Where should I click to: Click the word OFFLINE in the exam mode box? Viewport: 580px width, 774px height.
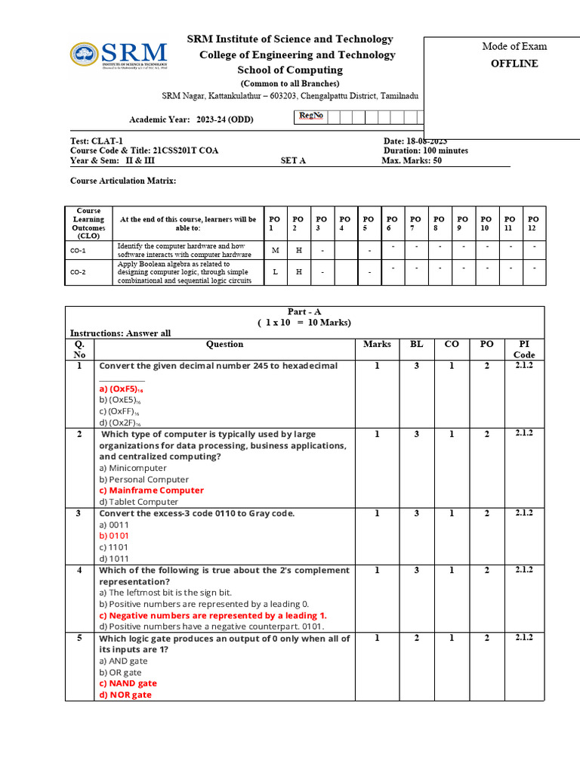pyautogui.click(x=514, y=63)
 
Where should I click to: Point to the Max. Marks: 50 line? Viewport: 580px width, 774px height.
pyautogui.click(x=412, y=160)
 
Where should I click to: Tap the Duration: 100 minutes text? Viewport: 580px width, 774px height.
pyautogui.click(x=425, y=150)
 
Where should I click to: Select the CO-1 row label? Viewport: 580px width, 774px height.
pyautogui.click(x=78, y=250)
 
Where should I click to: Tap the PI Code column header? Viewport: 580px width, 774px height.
pyautogui.click(x=523, y=349)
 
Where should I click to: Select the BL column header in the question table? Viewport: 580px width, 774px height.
pyautogui.click(x=416, y=344)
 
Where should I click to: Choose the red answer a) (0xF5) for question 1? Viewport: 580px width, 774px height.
pyautogui.click(x=121, y=389)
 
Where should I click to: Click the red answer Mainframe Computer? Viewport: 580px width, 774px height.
pyautogui.click(x=151, y=490)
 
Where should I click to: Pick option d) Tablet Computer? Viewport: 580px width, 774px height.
pyautogui.click(x=138, y=501)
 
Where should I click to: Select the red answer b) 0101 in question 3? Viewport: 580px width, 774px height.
pyautogui.click(x=114, y=535)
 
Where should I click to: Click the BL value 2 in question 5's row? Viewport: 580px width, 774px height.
pyautogui.click(x=416, y=638)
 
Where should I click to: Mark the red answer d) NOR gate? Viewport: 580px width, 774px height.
pyautogui.click(x=125, y=695)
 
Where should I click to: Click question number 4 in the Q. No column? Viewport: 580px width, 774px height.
pyautogui.click(x=79, y=570)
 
